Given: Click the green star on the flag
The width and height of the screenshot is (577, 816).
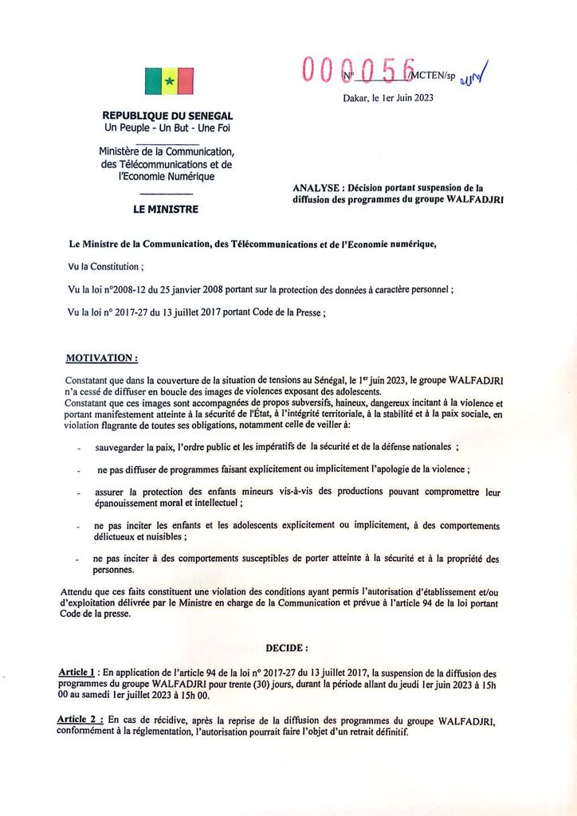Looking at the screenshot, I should [169, 80].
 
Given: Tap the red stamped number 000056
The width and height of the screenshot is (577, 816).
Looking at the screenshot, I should [359, 72].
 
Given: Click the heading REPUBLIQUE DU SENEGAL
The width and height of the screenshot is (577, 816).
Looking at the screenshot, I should [167, 116].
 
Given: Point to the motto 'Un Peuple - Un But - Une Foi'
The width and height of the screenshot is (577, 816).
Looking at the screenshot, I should [167, 128].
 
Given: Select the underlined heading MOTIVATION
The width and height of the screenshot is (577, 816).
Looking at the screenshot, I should [101, 358].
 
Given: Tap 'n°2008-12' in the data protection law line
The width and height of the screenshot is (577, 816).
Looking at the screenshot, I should [127, 291].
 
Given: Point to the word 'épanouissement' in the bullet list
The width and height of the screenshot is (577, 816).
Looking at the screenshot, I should [132, 504].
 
